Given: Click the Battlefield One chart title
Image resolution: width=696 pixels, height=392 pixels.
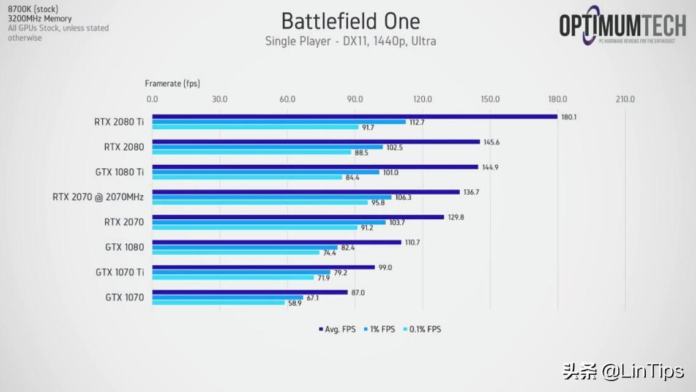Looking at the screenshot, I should [350, 21].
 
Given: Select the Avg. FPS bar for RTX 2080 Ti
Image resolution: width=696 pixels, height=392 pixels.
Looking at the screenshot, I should [354, 116].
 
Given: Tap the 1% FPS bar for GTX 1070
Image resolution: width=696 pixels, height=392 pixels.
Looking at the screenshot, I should [227, 298].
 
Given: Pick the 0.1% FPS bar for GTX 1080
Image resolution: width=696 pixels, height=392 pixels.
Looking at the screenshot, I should [236, 252].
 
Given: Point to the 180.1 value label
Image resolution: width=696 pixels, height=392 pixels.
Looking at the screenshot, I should [569, 117].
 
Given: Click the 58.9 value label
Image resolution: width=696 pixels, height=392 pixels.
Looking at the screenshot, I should [294, 303].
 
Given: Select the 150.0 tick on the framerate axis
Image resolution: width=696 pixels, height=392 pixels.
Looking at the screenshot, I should [490, 99].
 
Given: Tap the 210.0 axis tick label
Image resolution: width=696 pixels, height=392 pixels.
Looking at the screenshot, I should [625, 99].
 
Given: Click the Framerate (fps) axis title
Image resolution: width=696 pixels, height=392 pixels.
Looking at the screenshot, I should [172, 83].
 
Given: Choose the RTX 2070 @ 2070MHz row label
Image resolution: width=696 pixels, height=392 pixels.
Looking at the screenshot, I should [99, 197].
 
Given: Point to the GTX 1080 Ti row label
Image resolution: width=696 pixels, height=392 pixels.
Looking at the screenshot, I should [119, 172].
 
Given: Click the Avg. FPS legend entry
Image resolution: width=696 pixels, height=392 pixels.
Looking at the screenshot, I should [337, 329].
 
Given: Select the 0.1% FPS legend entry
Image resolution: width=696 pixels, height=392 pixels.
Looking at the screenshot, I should [422, 329].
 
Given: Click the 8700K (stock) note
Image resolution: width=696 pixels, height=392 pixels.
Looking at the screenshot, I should [32, 9].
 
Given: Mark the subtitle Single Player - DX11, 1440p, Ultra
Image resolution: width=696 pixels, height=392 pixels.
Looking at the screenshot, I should [350, 41].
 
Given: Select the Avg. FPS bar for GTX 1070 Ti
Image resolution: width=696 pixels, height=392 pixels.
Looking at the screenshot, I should [263, 267].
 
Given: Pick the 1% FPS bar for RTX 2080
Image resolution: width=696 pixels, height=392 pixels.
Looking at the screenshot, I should [268, 147].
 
